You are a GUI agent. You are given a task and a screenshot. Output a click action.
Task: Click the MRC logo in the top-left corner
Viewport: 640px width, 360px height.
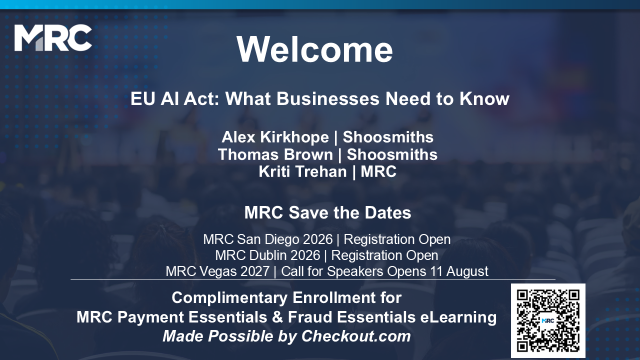[x=53, y=37]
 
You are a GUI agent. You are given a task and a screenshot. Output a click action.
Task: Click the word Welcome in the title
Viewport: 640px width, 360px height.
[x=314, y=49]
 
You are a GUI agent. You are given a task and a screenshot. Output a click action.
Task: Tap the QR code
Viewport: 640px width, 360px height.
[x=548, y=320]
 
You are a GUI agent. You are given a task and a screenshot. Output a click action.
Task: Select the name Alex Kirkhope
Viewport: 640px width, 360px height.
[x=275, y=137]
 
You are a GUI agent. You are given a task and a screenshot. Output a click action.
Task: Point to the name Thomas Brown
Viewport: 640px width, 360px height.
[x=275, y=154]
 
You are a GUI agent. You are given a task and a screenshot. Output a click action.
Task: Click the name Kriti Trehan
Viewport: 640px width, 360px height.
[x=303, y=171]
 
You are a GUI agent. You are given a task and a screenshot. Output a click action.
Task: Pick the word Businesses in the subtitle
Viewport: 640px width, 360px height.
[x=328, y=99]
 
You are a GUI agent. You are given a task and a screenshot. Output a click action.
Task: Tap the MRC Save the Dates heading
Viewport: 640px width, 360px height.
[x=327, y=212]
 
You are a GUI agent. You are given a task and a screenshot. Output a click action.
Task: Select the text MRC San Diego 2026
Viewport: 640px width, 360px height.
[x=268, y=239]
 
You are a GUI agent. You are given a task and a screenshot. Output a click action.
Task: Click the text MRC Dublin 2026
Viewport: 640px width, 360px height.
[x=267, y=255]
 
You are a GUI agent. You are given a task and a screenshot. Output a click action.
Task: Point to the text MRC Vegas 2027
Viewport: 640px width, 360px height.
[x=217, y=271]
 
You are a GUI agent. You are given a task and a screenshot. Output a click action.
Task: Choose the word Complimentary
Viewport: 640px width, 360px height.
[x=229, y=298]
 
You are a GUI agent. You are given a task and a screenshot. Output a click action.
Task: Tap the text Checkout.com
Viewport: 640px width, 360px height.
[x=356, y=336]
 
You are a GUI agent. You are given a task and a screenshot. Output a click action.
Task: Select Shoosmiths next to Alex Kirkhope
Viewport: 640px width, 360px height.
[x=388, y=137]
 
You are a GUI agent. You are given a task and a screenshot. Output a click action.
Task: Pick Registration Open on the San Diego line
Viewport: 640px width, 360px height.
[x=397, y=239]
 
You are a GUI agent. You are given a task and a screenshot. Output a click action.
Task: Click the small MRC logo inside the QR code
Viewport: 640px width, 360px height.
[x=548, y=320]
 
